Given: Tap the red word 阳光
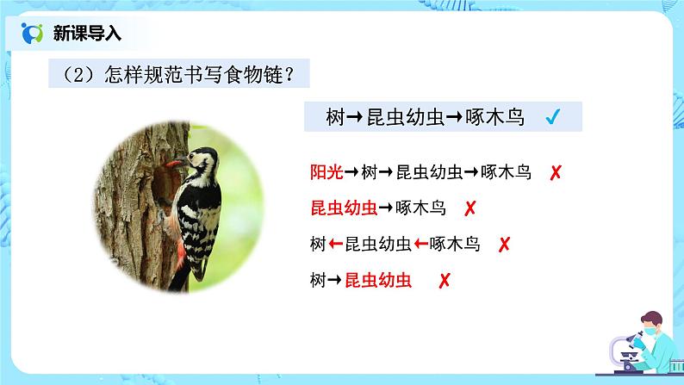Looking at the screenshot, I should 326,172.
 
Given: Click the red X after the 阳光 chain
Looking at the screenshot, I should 556,172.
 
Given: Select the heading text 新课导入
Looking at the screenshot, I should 87,34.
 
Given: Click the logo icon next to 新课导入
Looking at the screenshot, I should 33,34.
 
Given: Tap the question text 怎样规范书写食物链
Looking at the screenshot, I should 177,76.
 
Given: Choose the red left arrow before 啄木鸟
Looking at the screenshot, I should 421,244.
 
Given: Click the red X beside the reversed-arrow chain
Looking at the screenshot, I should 504,244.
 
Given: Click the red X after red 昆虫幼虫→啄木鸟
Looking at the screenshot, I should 470,208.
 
